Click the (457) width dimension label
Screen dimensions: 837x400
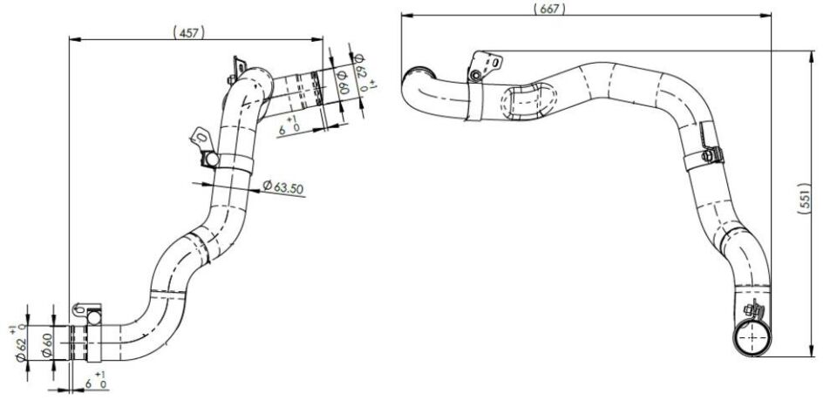point(189,32)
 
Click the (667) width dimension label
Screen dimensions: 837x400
point(549,9)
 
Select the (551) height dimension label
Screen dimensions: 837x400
point(806,199)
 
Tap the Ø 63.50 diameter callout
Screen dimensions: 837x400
point(282,186)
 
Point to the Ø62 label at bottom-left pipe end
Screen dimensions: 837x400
point(21,349)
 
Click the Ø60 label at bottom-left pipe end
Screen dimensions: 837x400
point(47,347)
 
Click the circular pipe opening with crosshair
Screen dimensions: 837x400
point(752,338)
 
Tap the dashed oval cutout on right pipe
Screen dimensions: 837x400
point(528,101)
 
